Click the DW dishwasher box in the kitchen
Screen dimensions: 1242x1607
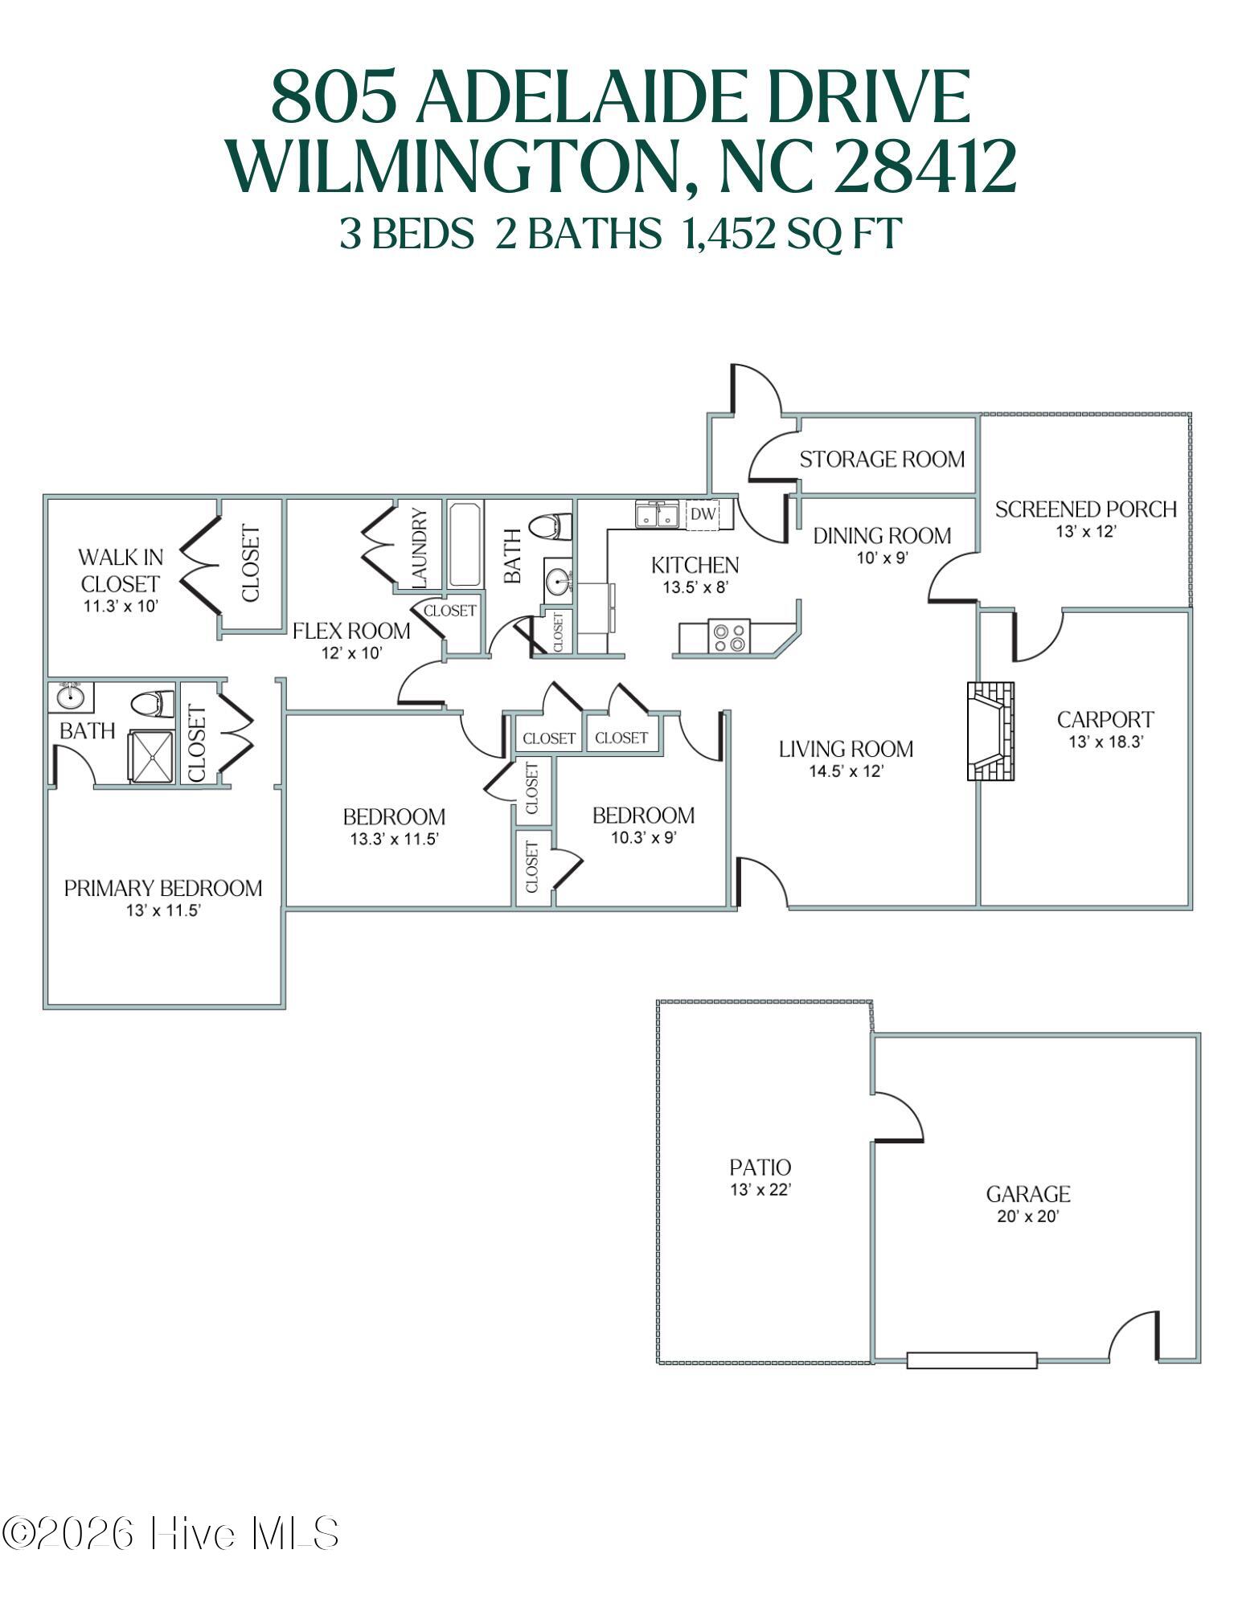point(703,515)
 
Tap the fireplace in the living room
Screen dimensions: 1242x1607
point(990,731)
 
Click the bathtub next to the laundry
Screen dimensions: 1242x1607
point(465,545)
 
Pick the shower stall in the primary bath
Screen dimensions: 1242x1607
point(151,755)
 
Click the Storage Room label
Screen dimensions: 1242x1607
point(882,459)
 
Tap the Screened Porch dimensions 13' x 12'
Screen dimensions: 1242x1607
point(1086,531)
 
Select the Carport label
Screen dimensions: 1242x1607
point(1105,719)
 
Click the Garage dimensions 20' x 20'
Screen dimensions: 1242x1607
point(1028,1216)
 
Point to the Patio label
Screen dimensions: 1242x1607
point(760,1167)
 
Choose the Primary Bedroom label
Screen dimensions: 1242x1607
point(163,888)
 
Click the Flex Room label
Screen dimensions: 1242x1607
point(351,631)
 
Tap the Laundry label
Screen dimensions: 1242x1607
point(420,547)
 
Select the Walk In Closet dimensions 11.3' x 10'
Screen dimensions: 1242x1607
point(121,606)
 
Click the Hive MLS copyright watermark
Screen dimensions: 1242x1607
point(170,1533)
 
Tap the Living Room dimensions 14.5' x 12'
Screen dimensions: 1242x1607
point(846,771)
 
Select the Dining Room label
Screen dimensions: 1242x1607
point(882,535)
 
